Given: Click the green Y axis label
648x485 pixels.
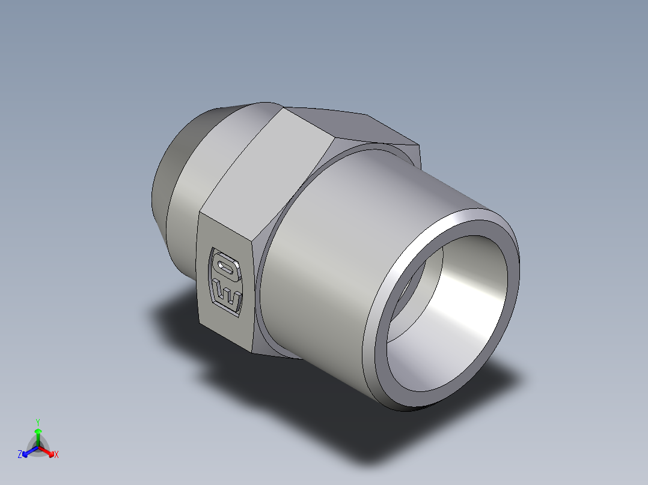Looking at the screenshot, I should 38,422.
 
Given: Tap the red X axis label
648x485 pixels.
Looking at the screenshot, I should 57,455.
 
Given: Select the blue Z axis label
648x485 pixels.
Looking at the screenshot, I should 20,455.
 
